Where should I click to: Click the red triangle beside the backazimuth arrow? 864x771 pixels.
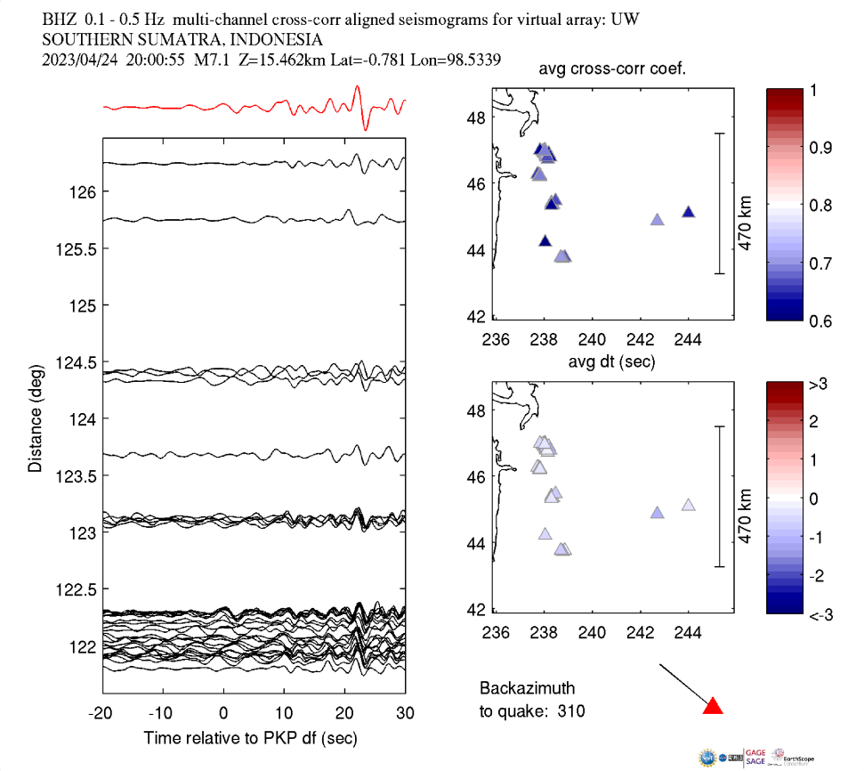click(713, 706)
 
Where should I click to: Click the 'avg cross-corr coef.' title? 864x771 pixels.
click(611, 70)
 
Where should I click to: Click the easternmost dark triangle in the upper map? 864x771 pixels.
click(688, 212)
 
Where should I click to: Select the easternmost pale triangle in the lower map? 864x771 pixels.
click(688, 505)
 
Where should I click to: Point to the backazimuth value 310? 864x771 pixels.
click(571, 710)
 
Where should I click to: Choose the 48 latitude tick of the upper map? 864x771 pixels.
click(477, 118)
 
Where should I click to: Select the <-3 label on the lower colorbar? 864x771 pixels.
click(820, 613)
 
